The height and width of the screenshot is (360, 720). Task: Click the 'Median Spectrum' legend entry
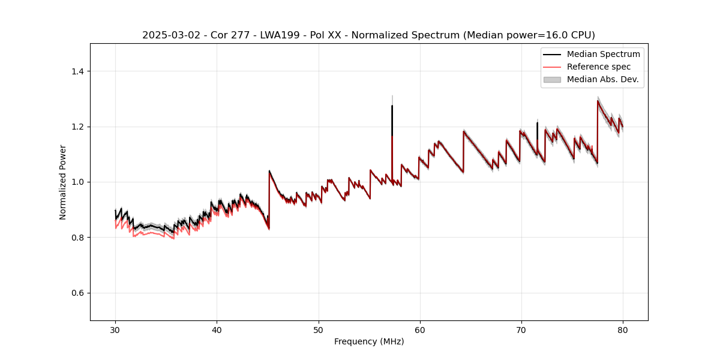coord(603,54)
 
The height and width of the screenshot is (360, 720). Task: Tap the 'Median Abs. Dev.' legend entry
coord(603,79)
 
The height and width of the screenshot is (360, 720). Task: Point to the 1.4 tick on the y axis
coord(79,71)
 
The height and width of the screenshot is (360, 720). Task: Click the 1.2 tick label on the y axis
coord(79,127)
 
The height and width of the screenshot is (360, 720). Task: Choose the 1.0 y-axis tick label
coord(79,182)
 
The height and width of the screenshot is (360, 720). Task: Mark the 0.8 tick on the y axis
coord(79,238)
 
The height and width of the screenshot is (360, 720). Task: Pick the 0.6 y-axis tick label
coord(79,293)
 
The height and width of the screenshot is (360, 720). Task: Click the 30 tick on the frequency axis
coord(115,329)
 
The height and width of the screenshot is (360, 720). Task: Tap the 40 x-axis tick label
coord(217,329)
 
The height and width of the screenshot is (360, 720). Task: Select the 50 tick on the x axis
coord(318,329)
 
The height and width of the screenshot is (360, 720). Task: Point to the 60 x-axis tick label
coord(420,329)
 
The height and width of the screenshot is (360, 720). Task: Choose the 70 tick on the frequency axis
coord(521,329)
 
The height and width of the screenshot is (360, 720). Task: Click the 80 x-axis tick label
coord(623,329)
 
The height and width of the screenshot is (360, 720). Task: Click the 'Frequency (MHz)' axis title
coord(369,341)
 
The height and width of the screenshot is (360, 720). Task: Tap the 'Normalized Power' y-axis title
coord(63,182)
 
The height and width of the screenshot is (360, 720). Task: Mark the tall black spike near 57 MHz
coord(392,120)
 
